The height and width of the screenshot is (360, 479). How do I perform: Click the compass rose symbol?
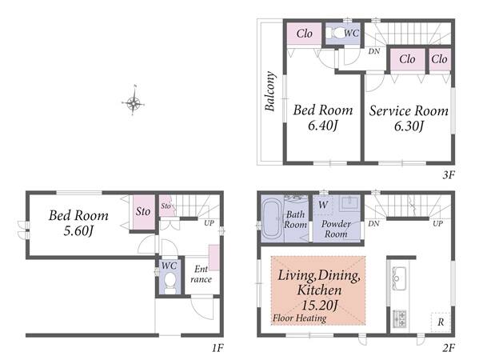[x=134, y=102]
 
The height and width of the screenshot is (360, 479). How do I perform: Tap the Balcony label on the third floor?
[x=270, y=91]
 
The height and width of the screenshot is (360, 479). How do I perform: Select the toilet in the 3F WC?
[x=334, y=33]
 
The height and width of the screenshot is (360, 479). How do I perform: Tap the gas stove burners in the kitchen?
[x=399, y=319]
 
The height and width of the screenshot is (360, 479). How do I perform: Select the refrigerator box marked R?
[x=441, y=322]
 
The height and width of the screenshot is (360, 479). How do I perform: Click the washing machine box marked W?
[x=323, y=205]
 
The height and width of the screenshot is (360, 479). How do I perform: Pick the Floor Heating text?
[x=299, y=318]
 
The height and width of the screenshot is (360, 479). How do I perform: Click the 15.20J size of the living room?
[x=320, y=305]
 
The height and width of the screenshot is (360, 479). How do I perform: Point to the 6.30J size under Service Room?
[x=409, y=126]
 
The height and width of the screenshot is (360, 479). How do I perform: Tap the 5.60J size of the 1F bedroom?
[x=78, y=230]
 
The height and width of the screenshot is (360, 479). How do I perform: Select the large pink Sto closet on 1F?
[x=143, y=212]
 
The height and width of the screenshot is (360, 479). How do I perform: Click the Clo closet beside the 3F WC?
[x=304, y=34]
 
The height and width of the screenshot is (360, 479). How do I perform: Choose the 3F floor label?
[x=449, y=175]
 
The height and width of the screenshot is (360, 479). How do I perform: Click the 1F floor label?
[x=218, y=348]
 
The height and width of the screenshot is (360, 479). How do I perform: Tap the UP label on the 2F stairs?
[x=437, y=223]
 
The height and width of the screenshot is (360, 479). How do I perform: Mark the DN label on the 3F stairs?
[x=374, y=51]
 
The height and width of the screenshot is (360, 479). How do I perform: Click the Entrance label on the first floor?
[x=201, y=274]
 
